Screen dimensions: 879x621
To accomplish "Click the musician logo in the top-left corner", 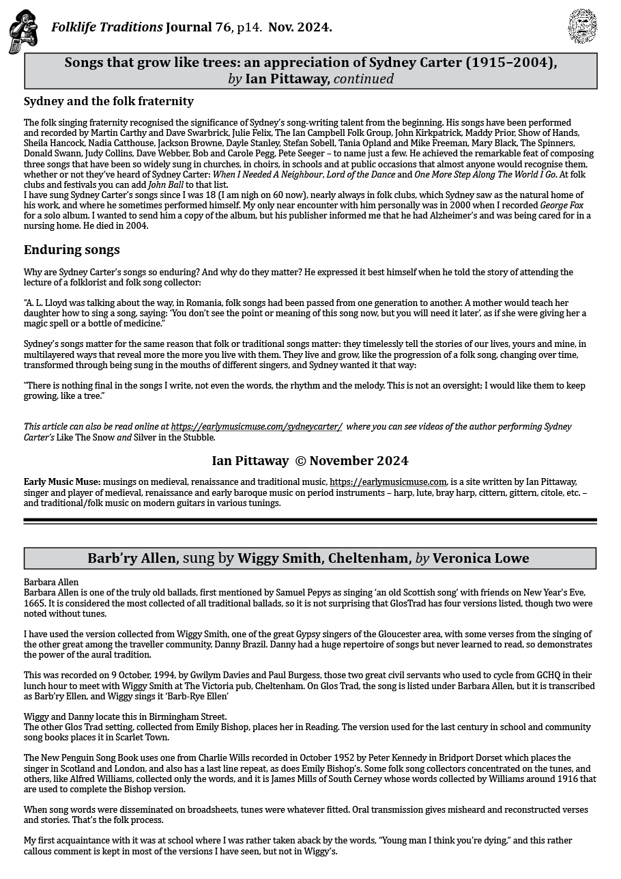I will coord(23,31).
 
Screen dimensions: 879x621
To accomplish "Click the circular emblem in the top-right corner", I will coord(582,26).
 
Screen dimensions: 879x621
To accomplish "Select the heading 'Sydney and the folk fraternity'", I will coord(109,101).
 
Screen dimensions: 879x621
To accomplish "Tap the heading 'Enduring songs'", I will coord(72,249).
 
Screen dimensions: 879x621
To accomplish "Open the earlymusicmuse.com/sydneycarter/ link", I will coord(257,427).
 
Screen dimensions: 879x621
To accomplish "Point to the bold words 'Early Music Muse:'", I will coord(62,482).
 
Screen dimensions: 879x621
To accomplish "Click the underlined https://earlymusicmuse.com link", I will coord(388,482).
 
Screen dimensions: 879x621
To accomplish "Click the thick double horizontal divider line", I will coord(310,521).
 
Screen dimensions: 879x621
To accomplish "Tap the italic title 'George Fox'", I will coord(562,205).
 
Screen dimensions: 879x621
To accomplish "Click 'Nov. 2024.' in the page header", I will coord(300,27).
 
